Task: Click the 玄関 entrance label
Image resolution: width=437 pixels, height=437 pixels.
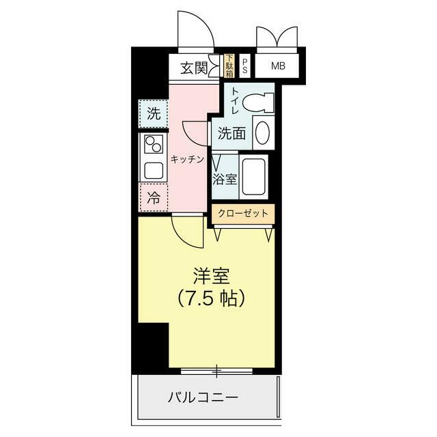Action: [195, 68]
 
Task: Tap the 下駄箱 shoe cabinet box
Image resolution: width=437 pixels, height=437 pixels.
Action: [229, 66]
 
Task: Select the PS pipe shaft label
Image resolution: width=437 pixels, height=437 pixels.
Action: [245, 67]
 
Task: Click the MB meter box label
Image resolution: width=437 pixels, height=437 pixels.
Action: [279, 66]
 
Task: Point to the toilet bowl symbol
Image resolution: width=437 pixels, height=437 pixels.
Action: [259, 102]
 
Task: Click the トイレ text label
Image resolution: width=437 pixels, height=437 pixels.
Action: [234, 101]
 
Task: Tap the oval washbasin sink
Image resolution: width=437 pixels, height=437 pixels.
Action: [262, 132]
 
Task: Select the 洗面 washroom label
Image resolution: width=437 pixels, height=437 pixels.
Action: [231, 134]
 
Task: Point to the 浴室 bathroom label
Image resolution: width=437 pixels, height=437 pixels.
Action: [225, 180]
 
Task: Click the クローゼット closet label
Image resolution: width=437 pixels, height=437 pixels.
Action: [243, 214]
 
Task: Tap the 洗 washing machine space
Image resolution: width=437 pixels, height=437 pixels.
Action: [154, 114]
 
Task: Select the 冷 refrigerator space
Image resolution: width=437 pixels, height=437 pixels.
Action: [154, 199]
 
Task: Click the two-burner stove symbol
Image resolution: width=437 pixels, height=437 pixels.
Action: [152, 145]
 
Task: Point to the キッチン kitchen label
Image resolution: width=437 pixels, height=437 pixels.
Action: [188, 159]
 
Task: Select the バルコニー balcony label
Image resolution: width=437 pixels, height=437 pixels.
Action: [203, 397]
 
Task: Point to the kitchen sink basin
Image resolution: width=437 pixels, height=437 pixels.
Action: [152, 169]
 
